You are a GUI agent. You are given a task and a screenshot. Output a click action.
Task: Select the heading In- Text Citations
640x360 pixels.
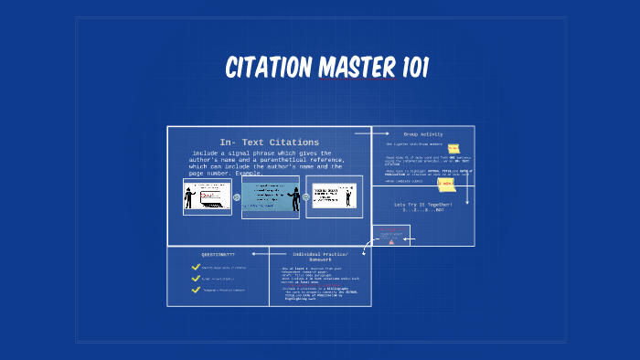pos(269,142)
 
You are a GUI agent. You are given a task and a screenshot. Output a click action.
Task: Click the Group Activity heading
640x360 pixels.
pos(423,134)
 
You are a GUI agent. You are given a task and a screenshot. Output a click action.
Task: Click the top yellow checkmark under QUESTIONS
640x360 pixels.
pos(196,267)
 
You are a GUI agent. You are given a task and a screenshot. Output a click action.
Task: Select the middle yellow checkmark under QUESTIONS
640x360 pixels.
pos(196,279)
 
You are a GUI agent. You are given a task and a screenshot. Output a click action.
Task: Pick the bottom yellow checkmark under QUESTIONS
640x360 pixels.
pos(196,291)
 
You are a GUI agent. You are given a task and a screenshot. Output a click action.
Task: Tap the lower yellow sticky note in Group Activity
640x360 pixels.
pos(446,184)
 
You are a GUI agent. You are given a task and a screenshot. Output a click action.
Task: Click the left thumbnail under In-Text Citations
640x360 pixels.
pos(207,196)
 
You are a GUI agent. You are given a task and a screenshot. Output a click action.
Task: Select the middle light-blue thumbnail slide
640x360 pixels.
pos(271,196)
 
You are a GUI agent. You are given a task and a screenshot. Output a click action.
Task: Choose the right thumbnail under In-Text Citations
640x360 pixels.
pos(334,196)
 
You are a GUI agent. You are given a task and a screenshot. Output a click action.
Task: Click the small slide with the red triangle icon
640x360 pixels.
pos(391,237)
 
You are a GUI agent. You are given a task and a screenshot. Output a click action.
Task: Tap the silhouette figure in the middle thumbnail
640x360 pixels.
pos(293,198)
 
